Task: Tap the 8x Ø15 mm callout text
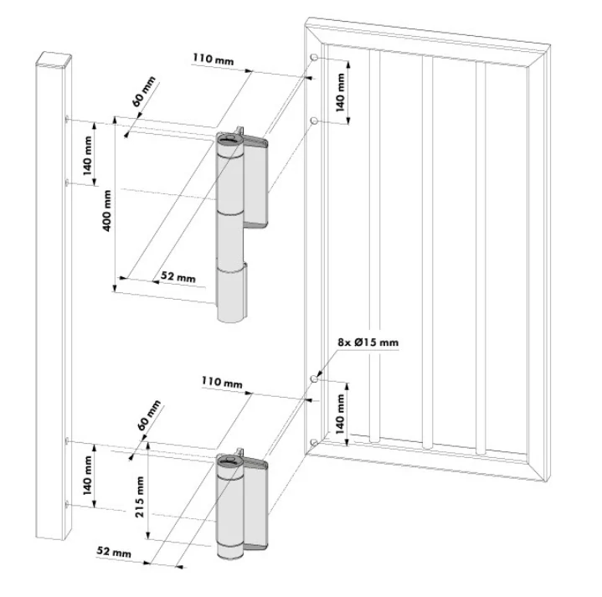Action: pyautogui.click(x=368, y=342)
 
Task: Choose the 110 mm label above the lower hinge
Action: pyautogui.click(x=222, y=382)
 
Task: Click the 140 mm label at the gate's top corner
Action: pyautogui.click(x=341, y=90)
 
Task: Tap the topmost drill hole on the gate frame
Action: pyautogui.click(x=313, y=58)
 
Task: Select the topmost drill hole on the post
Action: pyautogui.click(x=66, y=120)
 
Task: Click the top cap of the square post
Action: pyautogui.click(x=54, y=59)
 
